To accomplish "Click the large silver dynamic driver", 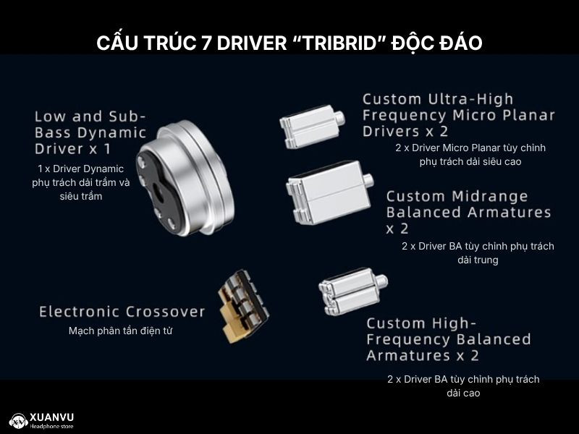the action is pos(185,178).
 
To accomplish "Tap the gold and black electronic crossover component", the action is pos(243,307).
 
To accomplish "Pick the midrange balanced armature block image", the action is pos(329,192).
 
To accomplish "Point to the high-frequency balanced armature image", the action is pos(352,292).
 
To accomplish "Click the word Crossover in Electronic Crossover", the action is pos(165,312).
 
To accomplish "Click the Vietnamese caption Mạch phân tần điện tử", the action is pos(120,331).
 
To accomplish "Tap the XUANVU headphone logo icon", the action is pos(19,421).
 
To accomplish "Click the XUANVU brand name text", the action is pos(51,418).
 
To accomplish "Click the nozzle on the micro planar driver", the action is pos(339,118).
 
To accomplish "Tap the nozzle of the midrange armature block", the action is pos(368,180).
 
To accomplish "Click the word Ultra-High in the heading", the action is pos(471,99).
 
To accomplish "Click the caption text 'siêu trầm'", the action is pos(81,196).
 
